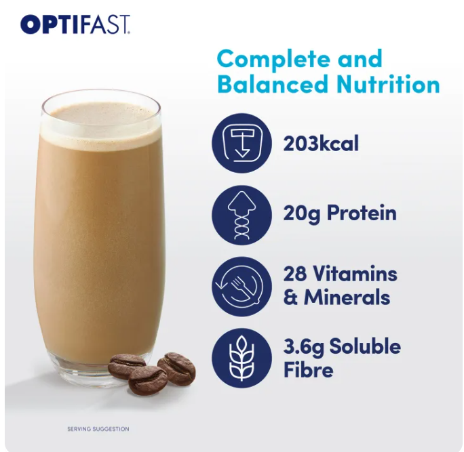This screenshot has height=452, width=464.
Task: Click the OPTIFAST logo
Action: point(75,25)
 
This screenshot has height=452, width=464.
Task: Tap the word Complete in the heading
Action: point(273,59)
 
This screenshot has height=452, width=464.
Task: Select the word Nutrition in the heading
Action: point(388,84)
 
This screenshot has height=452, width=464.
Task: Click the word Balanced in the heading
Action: point(274,84)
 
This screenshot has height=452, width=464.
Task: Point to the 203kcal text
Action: point(321,144)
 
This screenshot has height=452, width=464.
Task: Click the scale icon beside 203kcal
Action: point(241,144)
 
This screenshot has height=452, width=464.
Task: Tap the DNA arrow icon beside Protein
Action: point(241,215)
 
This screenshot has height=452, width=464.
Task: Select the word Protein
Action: point(362,213)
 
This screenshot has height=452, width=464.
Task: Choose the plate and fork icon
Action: point(241,287)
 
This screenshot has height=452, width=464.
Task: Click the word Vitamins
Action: point(355,274)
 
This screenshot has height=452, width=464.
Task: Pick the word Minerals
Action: point(347,297)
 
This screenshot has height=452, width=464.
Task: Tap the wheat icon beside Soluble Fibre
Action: point(241,358)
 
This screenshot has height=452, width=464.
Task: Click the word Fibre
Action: point(309,369)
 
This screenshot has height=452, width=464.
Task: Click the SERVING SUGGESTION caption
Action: point(98,429)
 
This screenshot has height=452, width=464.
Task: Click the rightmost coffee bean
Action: point(176,369)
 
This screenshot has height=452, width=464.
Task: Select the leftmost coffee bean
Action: point(127,367)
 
